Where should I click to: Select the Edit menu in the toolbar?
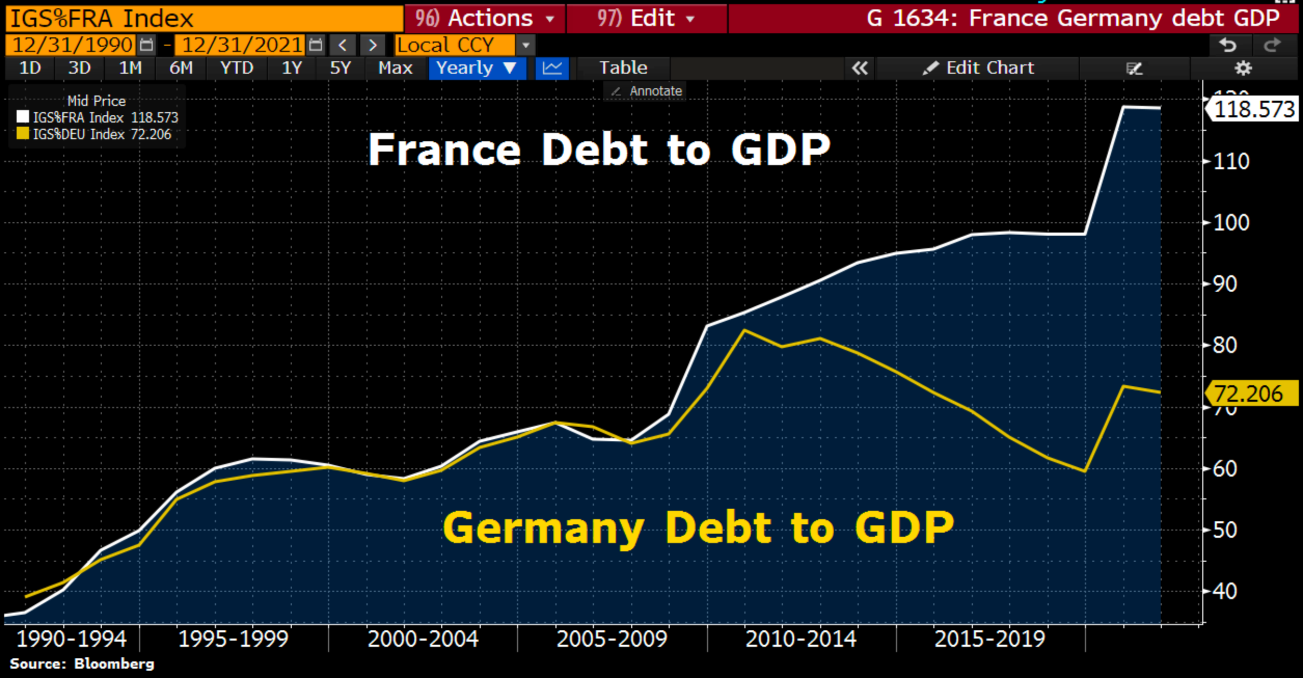click(646, 19)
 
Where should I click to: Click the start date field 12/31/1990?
click(72, 45)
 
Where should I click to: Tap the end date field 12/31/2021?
click(241, 45)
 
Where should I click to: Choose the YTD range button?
click(237, 68)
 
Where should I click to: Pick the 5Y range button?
click(341, 68)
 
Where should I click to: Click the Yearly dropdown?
click(477, 68)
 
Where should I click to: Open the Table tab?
click(623, 68)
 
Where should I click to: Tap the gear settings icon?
click(1243, 68)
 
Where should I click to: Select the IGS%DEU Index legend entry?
click(93, 134)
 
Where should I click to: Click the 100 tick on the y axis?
click(1230, 223)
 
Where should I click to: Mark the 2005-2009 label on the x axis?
click(612, 639)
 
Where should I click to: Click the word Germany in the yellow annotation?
click(543, 528)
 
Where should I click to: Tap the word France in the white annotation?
click(444, 150)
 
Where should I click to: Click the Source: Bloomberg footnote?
click(82, 664)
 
